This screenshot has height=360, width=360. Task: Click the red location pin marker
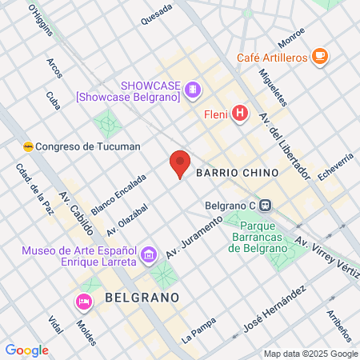(180, 163)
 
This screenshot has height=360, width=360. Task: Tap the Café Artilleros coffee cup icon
(320, 56)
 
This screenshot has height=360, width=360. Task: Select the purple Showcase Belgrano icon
(192, 90)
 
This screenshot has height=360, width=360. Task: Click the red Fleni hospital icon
(240, 114)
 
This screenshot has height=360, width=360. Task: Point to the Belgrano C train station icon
(265, 204)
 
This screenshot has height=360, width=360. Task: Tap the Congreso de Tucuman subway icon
(29, 146)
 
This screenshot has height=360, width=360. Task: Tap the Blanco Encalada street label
(118, 194)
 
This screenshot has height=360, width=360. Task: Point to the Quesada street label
(155, 14)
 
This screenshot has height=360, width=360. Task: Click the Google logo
(26, 350)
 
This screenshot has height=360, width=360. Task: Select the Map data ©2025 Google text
(311, 354)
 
